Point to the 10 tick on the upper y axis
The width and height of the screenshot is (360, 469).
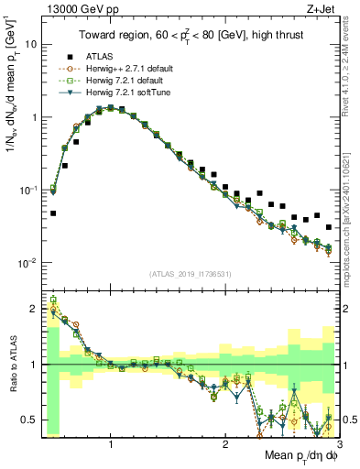pos(29,44)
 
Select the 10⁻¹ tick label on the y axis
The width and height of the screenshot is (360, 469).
pos(27,190)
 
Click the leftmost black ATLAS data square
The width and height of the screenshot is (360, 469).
pos(53,213)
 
